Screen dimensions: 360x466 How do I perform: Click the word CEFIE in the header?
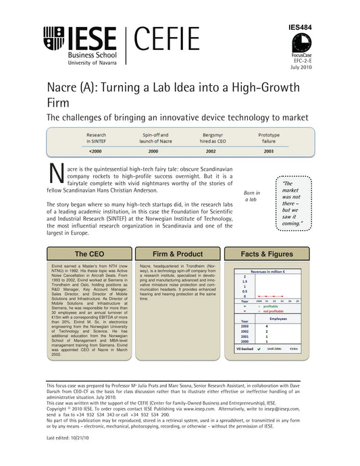coord(166,39)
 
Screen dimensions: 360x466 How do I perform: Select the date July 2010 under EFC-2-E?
coord(301,68)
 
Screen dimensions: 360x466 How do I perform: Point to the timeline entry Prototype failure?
coord(269,138)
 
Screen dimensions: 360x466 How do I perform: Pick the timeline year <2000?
coord(95,151)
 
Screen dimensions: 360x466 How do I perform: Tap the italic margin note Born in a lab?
coord(251,196)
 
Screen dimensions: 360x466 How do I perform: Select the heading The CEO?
coord(89,254)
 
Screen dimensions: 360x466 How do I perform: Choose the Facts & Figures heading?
coord(267,254)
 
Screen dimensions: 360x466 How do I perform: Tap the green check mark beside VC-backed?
coord(259,349)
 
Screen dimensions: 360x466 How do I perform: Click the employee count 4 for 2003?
coord(267,326)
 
